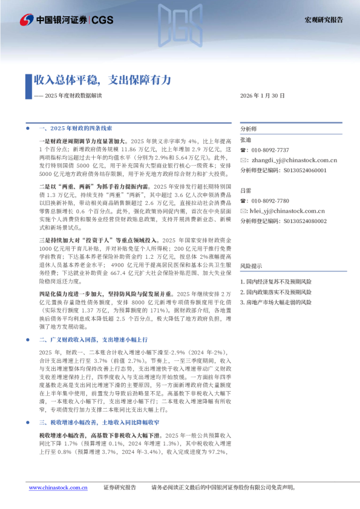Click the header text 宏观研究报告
[323, 19]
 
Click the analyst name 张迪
[245, 140]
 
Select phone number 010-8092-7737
[272, 150]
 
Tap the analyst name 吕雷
[245, 190]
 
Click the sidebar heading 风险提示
[251, 265]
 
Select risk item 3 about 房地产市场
[276, 301]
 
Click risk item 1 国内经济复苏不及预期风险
[276, 282]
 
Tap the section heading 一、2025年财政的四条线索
[76, 129]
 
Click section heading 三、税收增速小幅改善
[99, 438]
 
